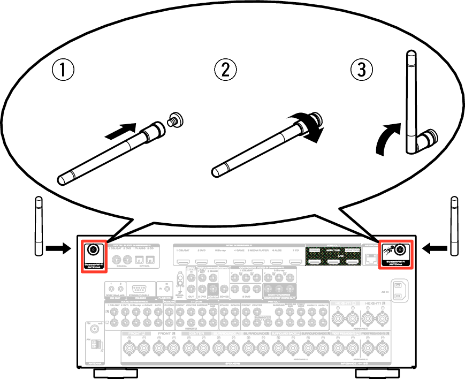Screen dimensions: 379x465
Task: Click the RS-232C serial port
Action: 140,290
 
